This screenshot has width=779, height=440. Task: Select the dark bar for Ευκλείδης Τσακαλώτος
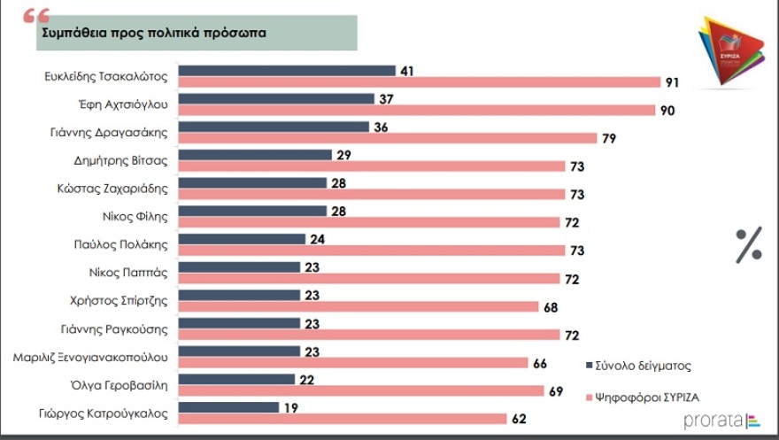(287, 71)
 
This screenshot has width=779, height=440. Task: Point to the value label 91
(673, 82)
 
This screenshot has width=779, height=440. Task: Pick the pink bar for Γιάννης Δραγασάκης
(388, 138)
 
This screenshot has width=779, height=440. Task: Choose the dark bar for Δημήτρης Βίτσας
(254, 155)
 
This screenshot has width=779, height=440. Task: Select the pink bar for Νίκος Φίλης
(369, 222)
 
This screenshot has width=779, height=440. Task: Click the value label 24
(318, 239)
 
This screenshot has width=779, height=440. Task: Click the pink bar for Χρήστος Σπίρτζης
(359, 306)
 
